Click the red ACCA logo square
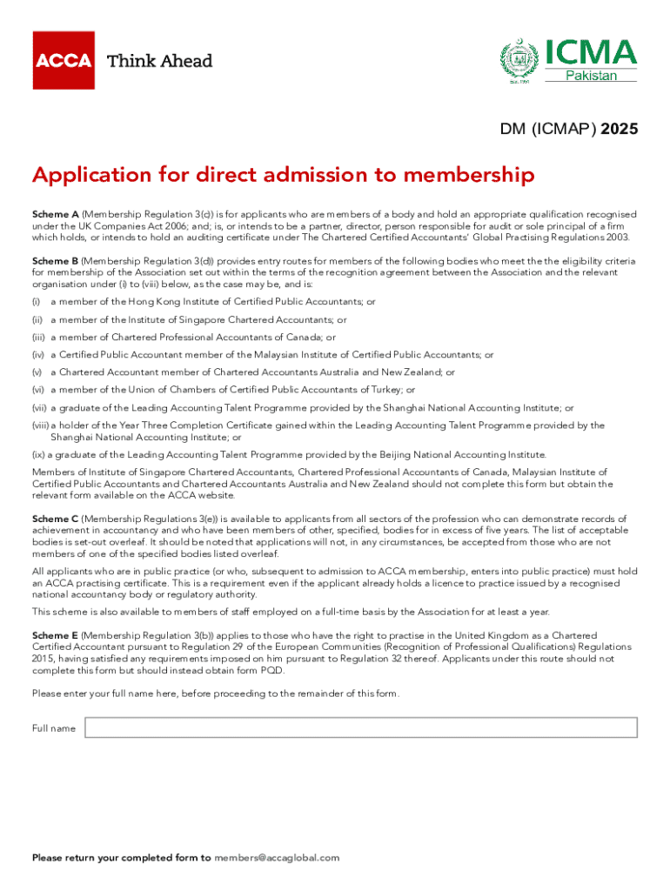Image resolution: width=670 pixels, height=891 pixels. [64, 60]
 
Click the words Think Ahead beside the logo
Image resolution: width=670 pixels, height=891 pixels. [159, 61]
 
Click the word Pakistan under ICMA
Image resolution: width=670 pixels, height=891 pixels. [592, 76]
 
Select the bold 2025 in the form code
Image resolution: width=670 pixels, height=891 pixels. [619, 130]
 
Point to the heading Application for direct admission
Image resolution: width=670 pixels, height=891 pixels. [283, 176]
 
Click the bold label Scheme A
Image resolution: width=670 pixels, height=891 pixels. [56, 214]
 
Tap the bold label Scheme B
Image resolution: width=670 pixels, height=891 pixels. [56, 261]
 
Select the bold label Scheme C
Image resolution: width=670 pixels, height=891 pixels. [56, 519]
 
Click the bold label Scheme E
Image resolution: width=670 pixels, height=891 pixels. [56, 637]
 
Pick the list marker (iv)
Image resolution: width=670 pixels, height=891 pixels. [38, 355]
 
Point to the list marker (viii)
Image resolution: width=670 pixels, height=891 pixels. [40, 425]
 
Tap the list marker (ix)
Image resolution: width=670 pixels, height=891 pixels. [38, 454]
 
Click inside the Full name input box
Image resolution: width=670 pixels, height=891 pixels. [360, 727]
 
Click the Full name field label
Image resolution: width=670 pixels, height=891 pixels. [54, 728]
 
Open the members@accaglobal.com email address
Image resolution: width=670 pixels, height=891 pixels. [276, 858]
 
